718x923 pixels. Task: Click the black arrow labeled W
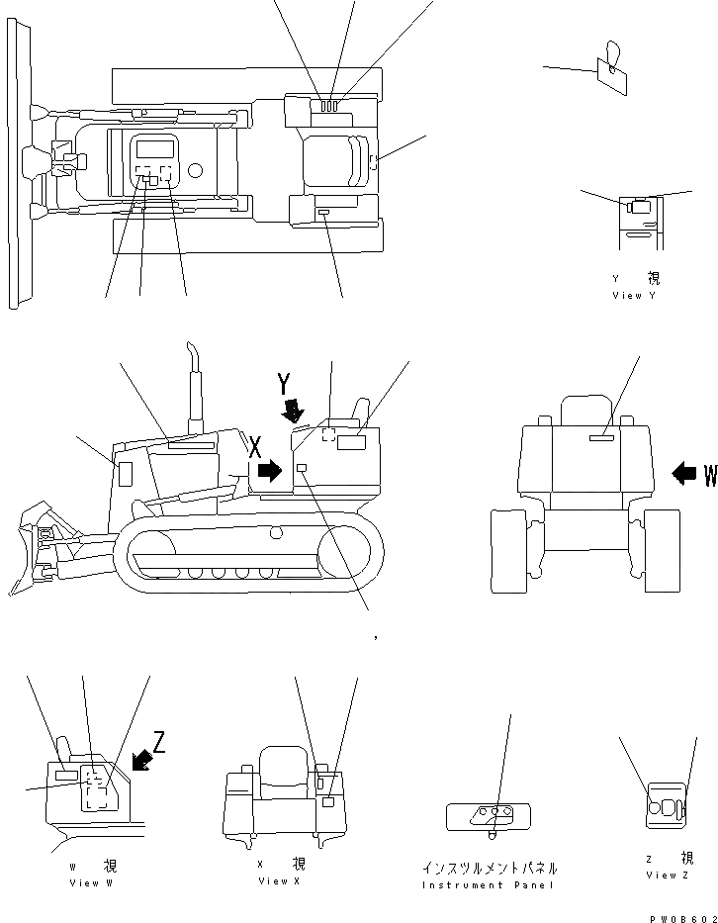click(x=684, y=474)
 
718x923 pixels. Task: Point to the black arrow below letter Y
click(x=292, y=408)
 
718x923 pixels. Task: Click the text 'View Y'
click(x=634, y=295)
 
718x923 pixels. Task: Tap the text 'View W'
click(x=91, y=882)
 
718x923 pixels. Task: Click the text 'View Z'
click(x=668, y=875)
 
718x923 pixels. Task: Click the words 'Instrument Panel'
click(x=489, y=884)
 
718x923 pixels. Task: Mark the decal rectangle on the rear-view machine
click(x=601, y=436)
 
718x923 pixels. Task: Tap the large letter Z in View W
click(x=158, y=742)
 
